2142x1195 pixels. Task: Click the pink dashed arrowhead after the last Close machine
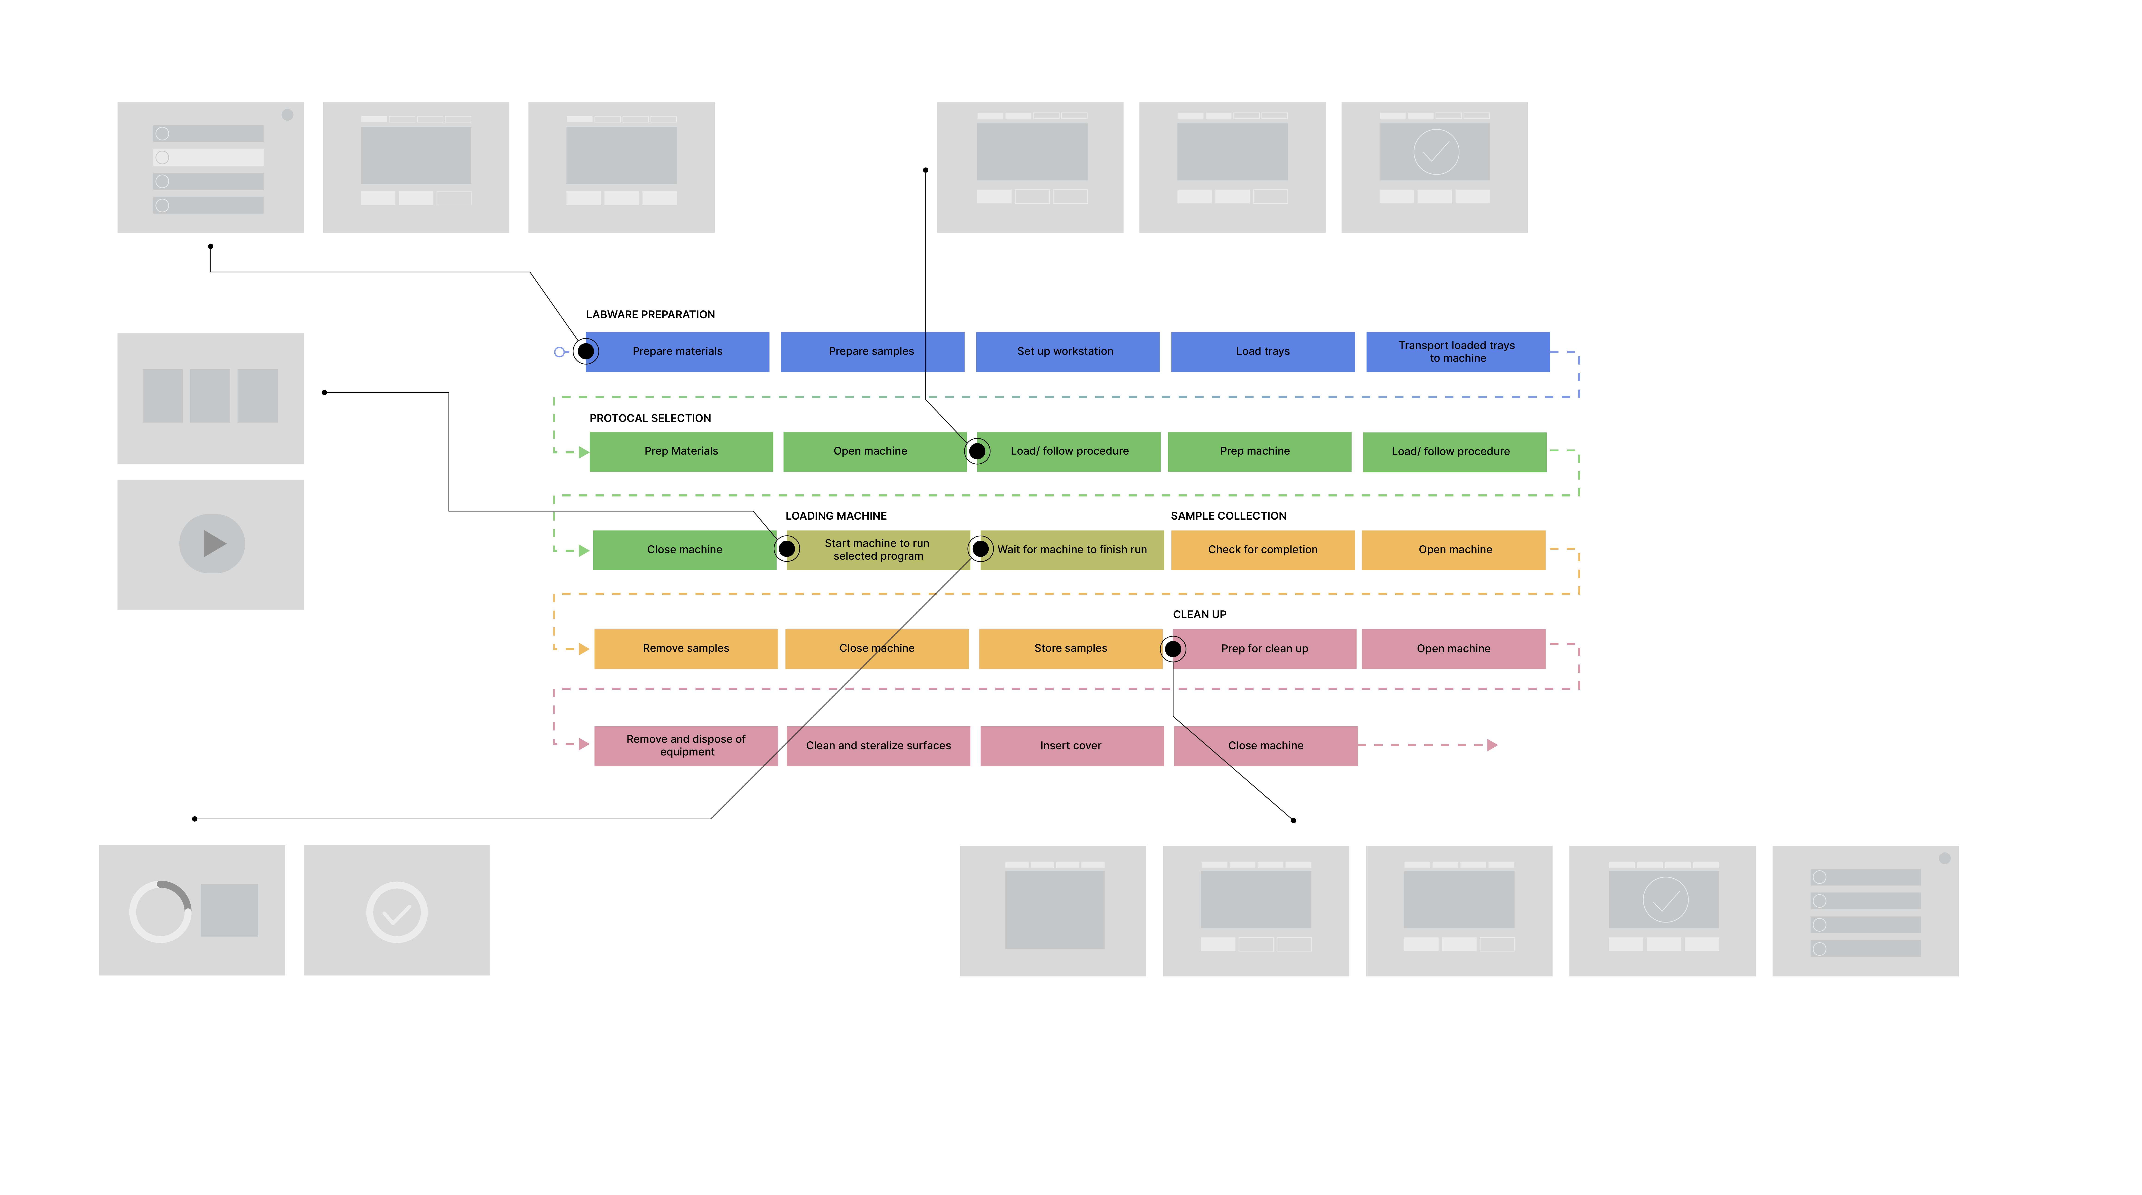click(1492, 745)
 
